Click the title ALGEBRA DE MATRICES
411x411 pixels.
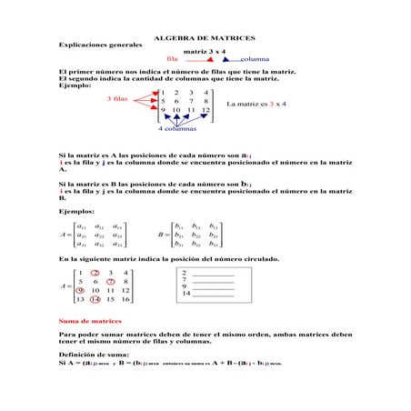click(x=205, y=39)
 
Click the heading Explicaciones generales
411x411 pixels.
click(x=100, y=45)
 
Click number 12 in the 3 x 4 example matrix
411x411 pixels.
click(x=206, y=110)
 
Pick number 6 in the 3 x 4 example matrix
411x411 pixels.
click(x=176, y=101)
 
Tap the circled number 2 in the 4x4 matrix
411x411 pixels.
click(x=95, y=272)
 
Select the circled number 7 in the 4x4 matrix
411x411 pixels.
click(x=110, y=281)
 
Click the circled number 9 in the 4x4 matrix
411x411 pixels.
click(x=80, y=290)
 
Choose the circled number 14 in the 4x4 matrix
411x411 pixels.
click(x=95, y=299)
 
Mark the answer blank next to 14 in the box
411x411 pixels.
click(x=215, y=294)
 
